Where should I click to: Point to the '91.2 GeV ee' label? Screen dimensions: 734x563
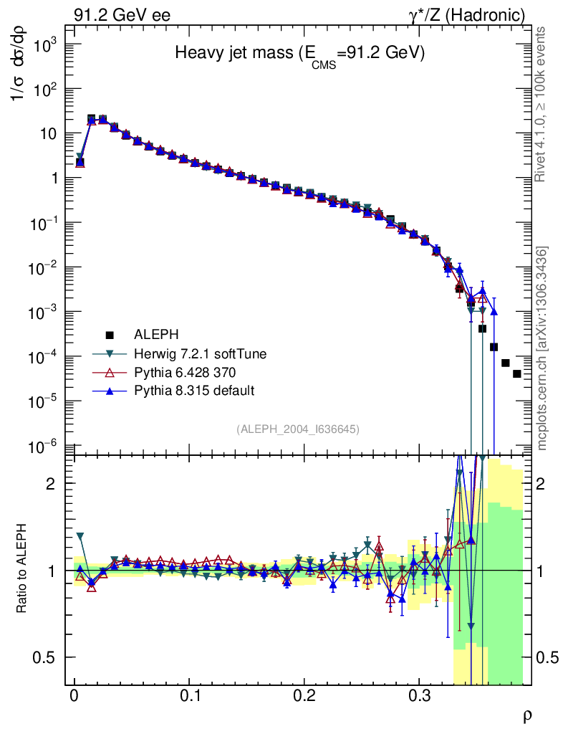point(122,14)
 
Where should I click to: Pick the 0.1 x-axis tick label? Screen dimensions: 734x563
point(190,696)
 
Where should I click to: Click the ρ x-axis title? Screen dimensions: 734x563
point(526,715)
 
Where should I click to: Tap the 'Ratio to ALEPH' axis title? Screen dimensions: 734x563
point(22,570)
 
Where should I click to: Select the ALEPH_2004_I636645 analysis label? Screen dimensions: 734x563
point(297,429)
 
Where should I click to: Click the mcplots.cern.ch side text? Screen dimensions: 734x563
point(543,348)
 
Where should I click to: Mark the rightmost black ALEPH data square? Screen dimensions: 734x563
point(516,373)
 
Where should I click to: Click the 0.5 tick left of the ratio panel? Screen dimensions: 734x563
point(50,657)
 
